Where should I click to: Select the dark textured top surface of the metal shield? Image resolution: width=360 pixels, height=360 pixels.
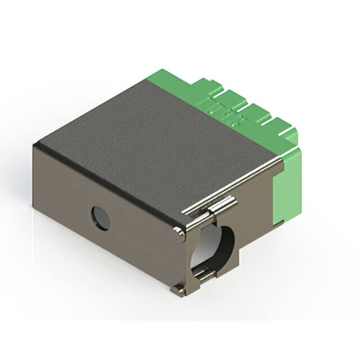click(152, 135)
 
